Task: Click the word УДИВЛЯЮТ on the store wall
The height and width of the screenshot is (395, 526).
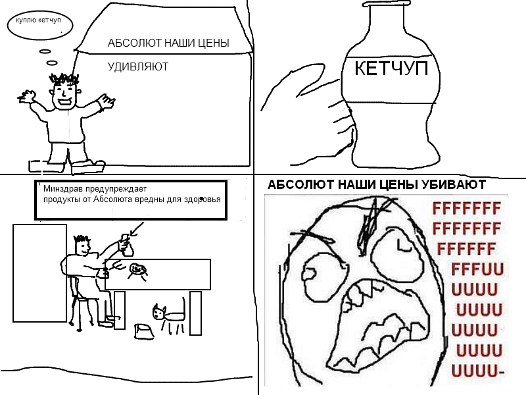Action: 138,66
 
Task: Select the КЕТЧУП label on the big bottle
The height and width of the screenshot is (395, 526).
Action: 391,68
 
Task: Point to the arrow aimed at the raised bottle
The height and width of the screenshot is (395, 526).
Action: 137,228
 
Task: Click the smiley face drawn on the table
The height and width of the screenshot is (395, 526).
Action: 138,269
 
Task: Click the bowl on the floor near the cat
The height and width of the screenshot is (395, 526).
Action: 143,330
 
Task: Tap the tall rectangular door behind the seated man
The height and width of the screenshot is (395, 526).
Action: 40,273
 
